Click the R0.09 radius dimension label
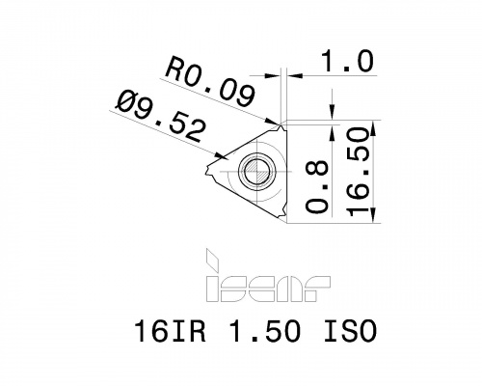(210, 81)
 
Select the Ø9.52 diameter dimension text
(162, 117)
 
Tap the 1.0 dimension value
(348, 61)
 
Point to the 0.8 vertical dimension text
(317, 187)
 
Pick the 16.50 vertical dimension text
(357, 172)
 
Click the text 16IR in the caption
(171, 331)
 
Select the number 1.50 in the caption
(265, 331)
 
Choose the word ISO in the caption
(350, 331)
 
